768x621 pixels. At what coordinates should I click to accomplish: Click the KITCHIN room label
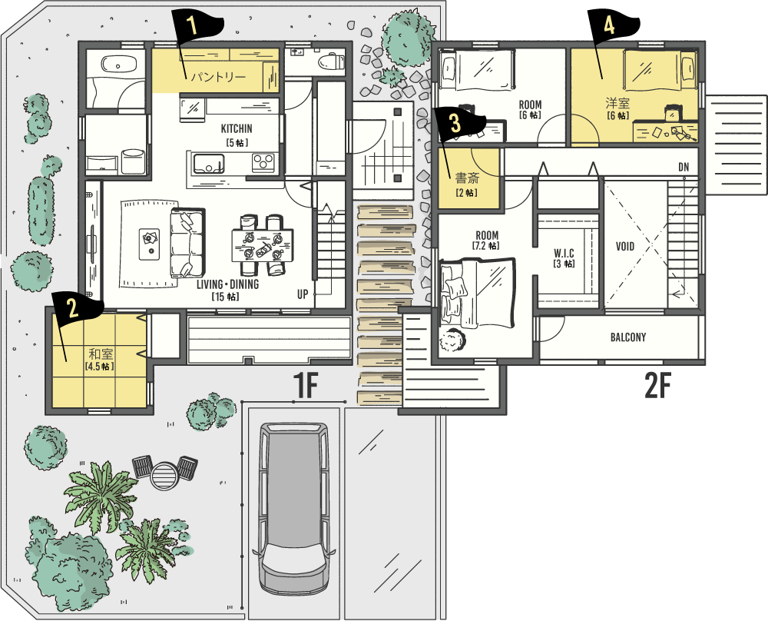tap(237, 128)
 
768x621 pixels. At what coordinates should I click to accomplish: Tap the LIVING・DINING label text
tap(228, 284)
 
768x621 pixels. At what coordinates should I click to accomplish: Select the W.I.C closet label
tap(564, 253)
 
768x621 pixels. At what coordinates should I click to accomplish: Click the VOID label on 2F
tap(625, 246)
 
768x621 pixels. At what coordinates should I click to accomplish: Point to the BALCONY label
tap(628, 337)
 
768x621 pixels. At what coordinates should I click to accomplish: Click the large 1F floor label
tap(306, 385)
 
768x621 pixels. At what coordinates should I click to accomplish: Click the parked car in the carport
tap(293, 508)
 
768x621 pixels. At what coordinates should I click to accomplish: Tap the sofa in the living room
tap(187, 242)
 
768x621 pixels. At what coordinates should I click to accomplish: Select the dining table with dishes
tap(263, 245)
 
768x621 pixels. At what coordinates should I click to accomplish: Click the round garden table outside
tap(164, 475)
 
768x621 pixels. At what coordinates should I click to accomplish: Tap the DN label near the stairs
tap(684, 167)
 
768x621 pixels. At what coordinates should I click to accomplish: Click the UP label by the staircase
tap(302, 294)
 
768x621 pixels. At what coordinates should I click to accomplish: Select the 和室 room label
tap(101, 354)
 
